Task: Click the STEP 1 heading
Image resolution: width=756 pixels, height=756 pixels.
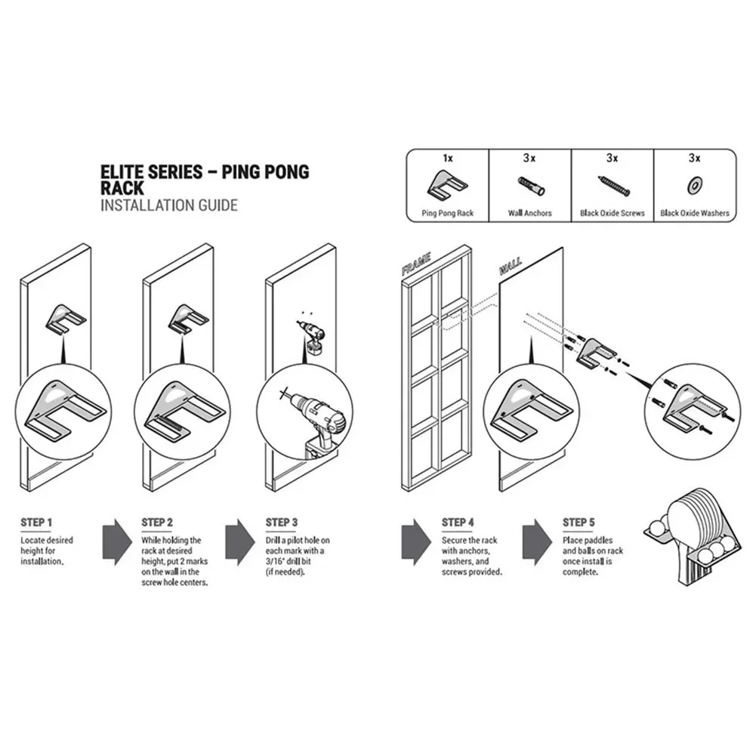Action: [x=36, y=522]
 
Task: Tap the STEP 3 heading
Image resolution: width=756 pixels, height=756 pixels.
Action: [x=282, y=522]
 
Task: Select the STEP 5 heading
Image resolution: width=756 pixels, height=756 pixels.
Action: [x=579, y=522]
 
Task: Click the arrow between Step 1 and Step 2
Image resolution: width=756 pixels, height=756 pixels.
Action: [x=117, y=542]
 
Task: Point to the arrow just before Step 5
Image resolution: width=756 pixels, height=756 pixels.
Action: [x=537, y=542]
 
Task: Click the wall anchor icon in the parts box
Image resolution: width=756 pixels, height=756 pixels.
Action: [x=532, y=186]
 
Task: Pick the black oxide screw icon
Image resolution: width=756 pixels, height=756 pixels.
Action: [x=614, y=186]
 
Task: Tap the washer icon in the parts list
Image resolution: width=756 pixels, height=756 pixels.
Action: [x=695, y=186]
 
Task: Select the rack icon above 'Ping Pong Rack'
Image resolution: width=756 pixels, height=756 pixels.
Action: [x=447, y=186]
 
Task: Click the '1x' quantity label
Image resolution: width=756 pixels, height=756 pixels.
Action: [x=447, y=158]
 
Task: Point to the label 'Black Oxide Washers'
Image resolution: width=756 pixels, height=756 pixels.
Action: [x=695, y=213]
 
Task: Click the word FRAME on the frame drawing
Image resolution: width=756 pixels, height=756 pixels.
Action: [x=417, y=264]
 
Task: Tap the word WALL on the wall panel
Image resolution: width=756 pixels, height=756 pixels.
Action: [x=510, y=266]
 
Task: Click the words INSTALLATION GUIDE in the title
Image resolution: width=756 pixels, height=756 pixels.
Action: [x=169, y=205]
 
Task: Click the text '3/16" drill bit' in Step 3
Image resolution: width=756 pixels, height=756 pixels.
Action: [x=288, y=561]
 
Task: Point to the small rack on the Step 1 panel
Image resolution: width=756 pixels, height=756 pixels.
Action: [x=66, y=318]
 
